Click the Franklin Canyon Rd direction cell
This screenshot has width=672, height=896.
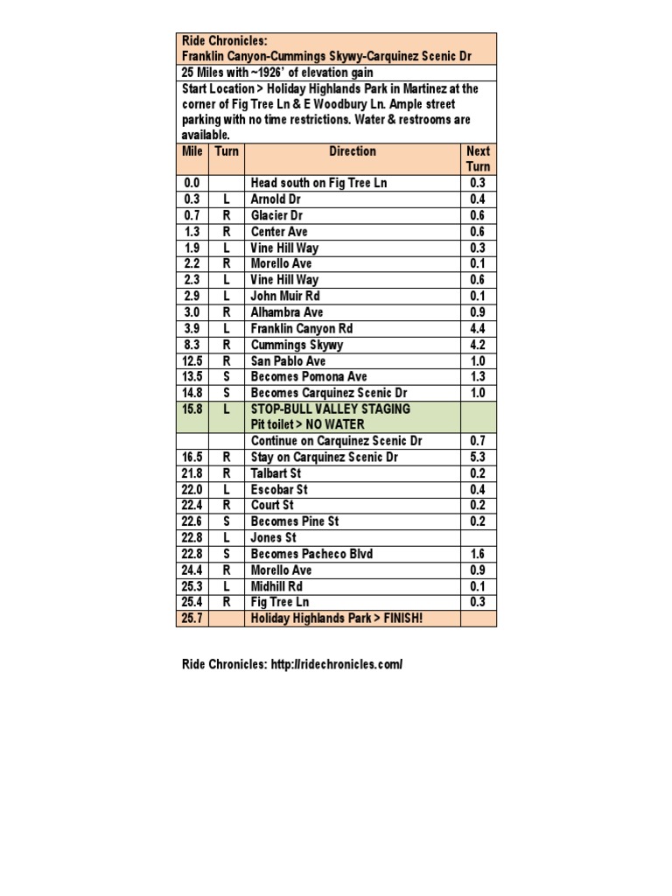tap(301, 328)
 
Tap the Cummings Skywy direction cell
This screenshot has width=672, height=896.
tap(297, 345)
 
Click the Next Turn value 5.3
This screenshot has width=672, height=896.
tap(479, 457)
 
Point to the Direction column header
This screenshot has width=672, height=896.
tap(353, 151)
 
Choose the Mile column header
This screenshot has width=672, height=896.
tap(192, 151)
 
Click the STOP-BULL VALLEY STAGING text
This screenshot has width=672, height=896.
tap(330, 409)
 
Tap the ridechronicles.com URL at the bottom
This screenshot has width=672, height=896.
tap(328, 665)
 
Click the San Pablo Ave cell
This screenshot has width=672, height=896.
tap(288, 360)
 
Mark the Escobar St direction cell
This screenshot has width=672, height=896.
tap(279, 489)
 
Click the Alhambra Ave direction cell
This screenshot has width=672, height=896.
tap(287, 312)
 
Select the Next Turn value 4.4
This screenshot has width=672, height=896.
tap(479, 328)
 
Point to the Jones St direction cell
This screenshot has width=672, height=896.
tap(274, 537)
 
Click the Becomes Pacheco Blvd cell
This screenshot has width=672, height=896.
tap(311, 554)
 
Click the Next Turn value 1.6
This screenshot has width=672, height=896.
tap(479, 554)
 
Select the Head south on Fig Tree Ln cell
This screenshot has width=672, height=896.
tap(318, 183)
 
